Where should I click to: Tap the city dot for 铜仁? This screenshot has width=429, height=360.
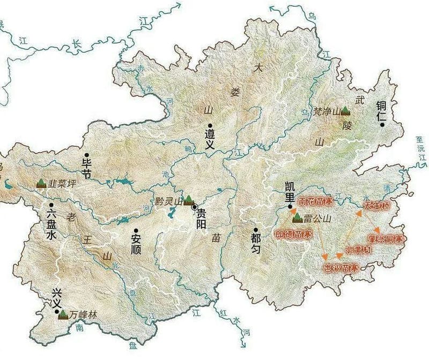pos(382,124)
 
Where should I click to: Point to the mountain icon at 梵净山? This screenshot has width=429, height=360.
pos(346,111)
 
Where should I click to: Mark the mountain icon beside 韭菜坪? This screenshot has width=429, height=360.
pos(41,183)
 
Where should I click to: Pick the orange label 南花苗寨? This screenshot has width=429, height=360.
pos(316,202)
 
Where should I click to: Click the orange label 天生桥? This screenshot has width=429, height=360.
pos(378,206)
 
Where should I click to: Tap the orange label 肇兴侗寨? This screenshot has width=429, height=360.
pos(386,238)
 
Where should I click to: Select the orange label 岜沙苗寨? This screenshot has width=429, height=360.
pos(339,266)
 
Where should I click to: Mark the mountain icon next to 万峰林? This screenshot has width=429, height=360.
pos(63,314)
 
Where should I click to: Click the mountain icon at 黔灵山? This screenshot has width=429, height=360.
pos(188,200)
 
